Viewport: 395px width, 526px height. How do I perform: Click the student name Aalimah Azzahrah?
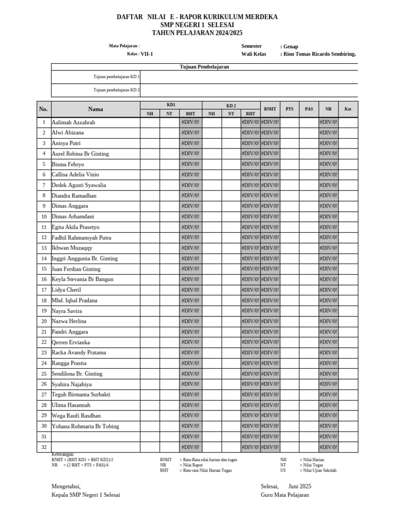74,123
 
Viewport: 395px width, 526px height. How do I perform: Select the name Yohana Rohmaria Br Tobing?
85,426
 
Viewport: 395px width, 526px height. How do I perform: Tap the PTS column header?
290,109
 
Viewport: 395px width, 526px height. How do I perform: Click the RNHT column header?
270,109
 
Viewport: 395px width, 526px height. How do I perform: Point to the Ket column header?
348,109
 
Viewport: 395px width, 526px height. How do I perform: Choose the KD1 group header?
171,105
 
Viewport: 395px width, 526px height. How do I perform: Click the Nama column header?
95,109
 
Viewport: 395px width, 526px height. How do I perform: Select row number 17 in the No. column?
44,290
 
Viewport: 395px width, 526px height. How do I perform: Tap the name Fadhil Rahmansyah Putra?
81,238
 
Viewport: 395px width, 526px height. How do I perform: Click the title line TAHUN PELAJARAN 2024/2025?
197,33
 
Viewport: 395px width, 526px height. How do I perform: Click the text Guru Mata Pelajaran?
285,495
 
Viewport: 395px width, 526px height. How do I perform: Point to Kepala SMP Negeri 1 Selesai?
86,495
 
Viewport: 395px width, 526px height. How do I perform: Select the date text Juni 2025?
300,486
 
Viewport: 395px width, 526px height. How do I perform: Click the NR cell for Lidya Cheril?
328,290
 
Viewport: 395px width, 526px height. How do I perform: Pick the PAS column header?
309,109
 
